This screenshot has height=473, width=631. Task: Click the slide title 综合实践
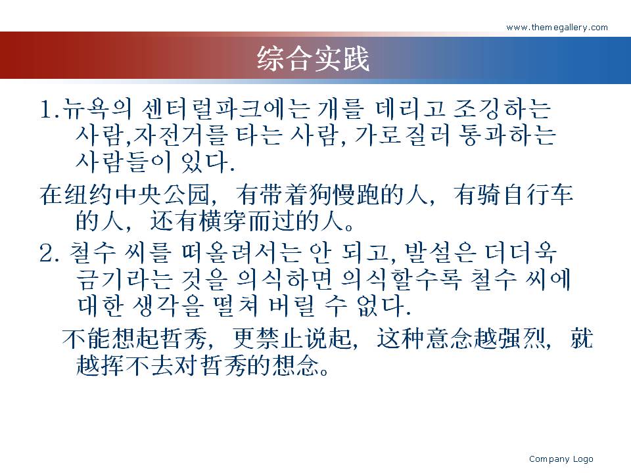tap(313, 58)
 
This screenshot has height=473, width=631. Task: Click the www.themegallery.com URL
tap(557, 28)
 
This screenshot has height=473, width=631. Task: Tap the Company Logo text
tap(561, 459)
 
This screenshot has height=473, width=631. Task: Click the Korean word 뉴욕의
tap(97, 109)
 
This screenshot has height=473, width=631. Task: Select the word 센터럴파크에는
tap(226, 109)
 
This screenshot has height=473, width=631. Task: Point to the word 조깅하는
tap(502, 109)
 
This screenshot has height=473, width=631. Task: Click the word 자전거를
tap(180, 135)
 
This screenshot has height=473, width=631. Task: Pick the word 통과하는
tap(507, 135)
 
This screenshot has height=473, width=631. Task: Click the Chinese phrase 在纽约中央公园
tap(125, 194)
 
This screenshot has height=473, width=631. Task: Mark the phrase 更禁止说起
tap(292, 338)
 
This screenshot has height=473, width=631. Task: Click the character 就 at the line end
tap(582, 338)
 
